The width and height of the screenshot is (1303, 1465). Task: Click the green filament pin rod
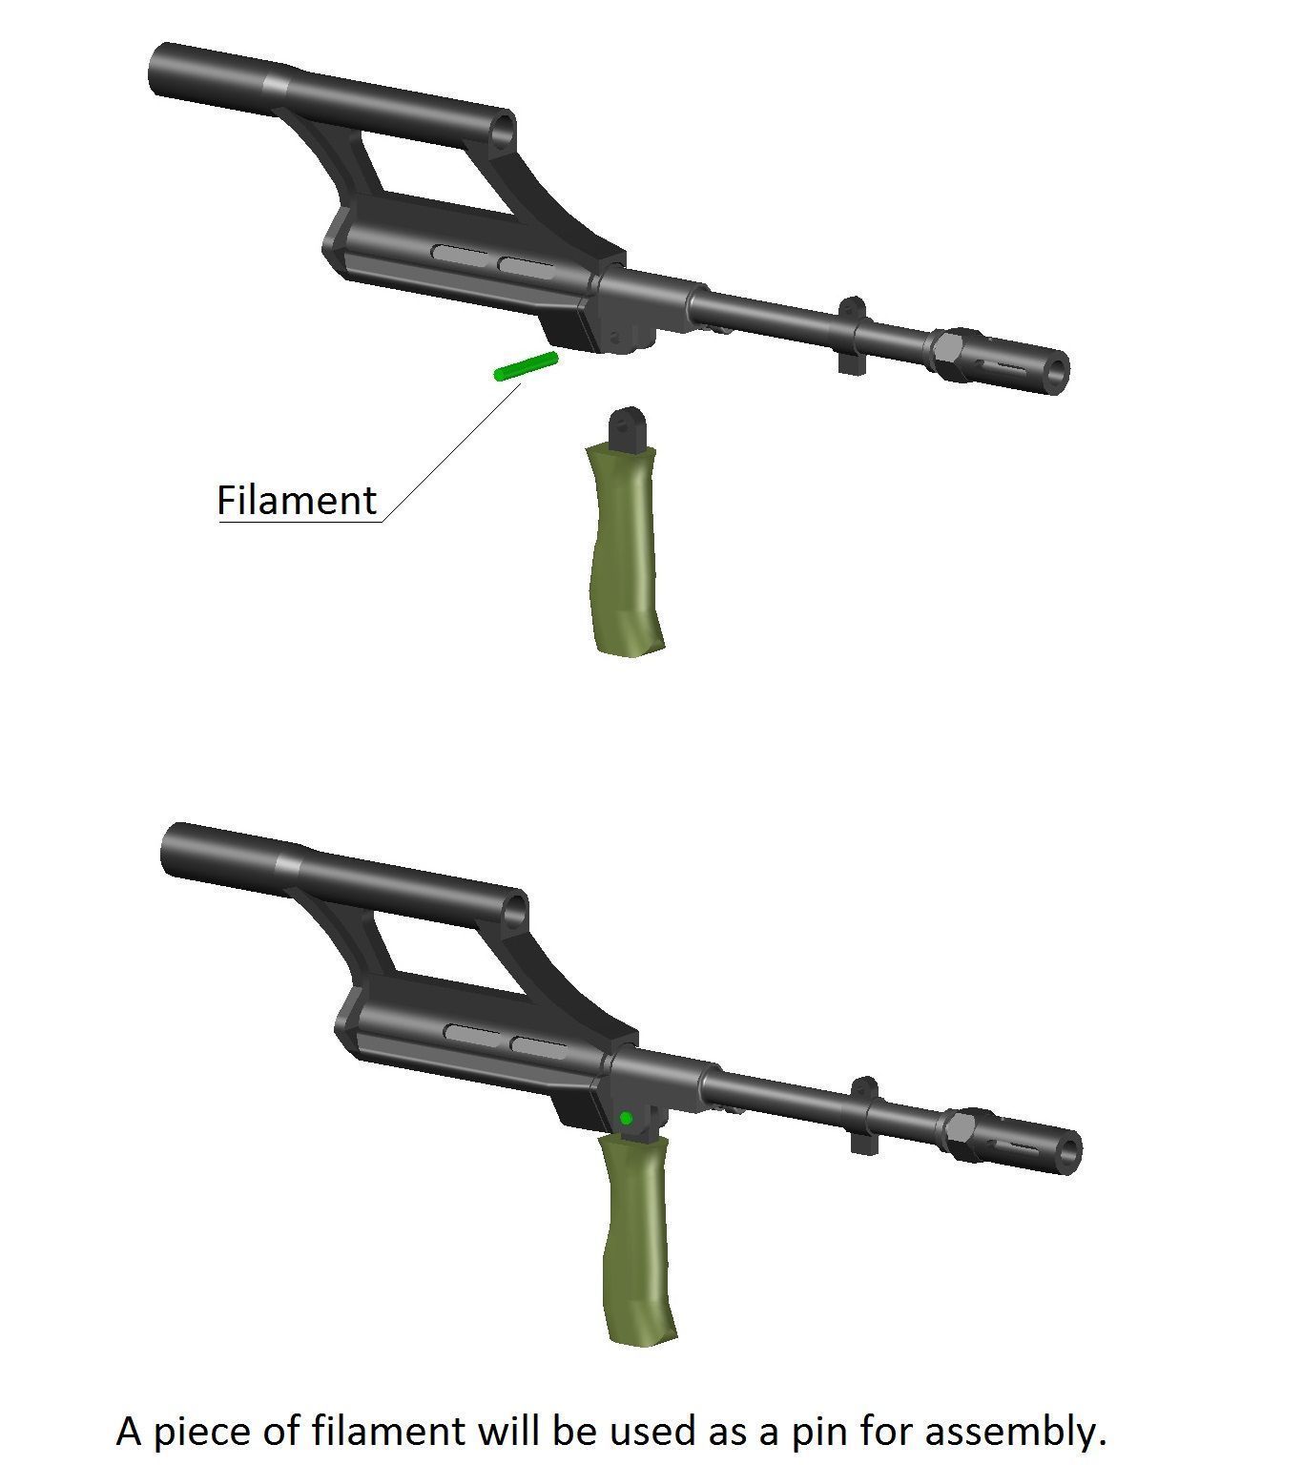click(x=526, y=366)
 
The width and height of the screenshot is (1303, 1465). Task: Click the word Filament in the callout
click(x=297, y=501)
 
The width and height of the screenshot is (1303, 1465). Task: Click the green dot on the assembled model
click(x=626, y=1118)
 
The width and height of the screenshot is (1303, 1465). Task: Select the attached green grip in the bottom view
click(x=638, y=1240)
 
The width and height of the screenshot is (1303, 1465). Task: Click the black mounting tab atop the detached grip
click(x=629, y=428)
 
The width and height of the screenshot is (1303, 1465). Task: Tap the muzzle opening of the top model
click(x=1056, y=373)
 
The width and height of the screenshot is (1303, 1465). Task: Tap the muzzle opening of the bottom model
click(x=1069, y=1153)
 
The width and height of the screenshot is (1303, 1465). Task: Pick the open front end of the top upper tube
click(x=502, y=133)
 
